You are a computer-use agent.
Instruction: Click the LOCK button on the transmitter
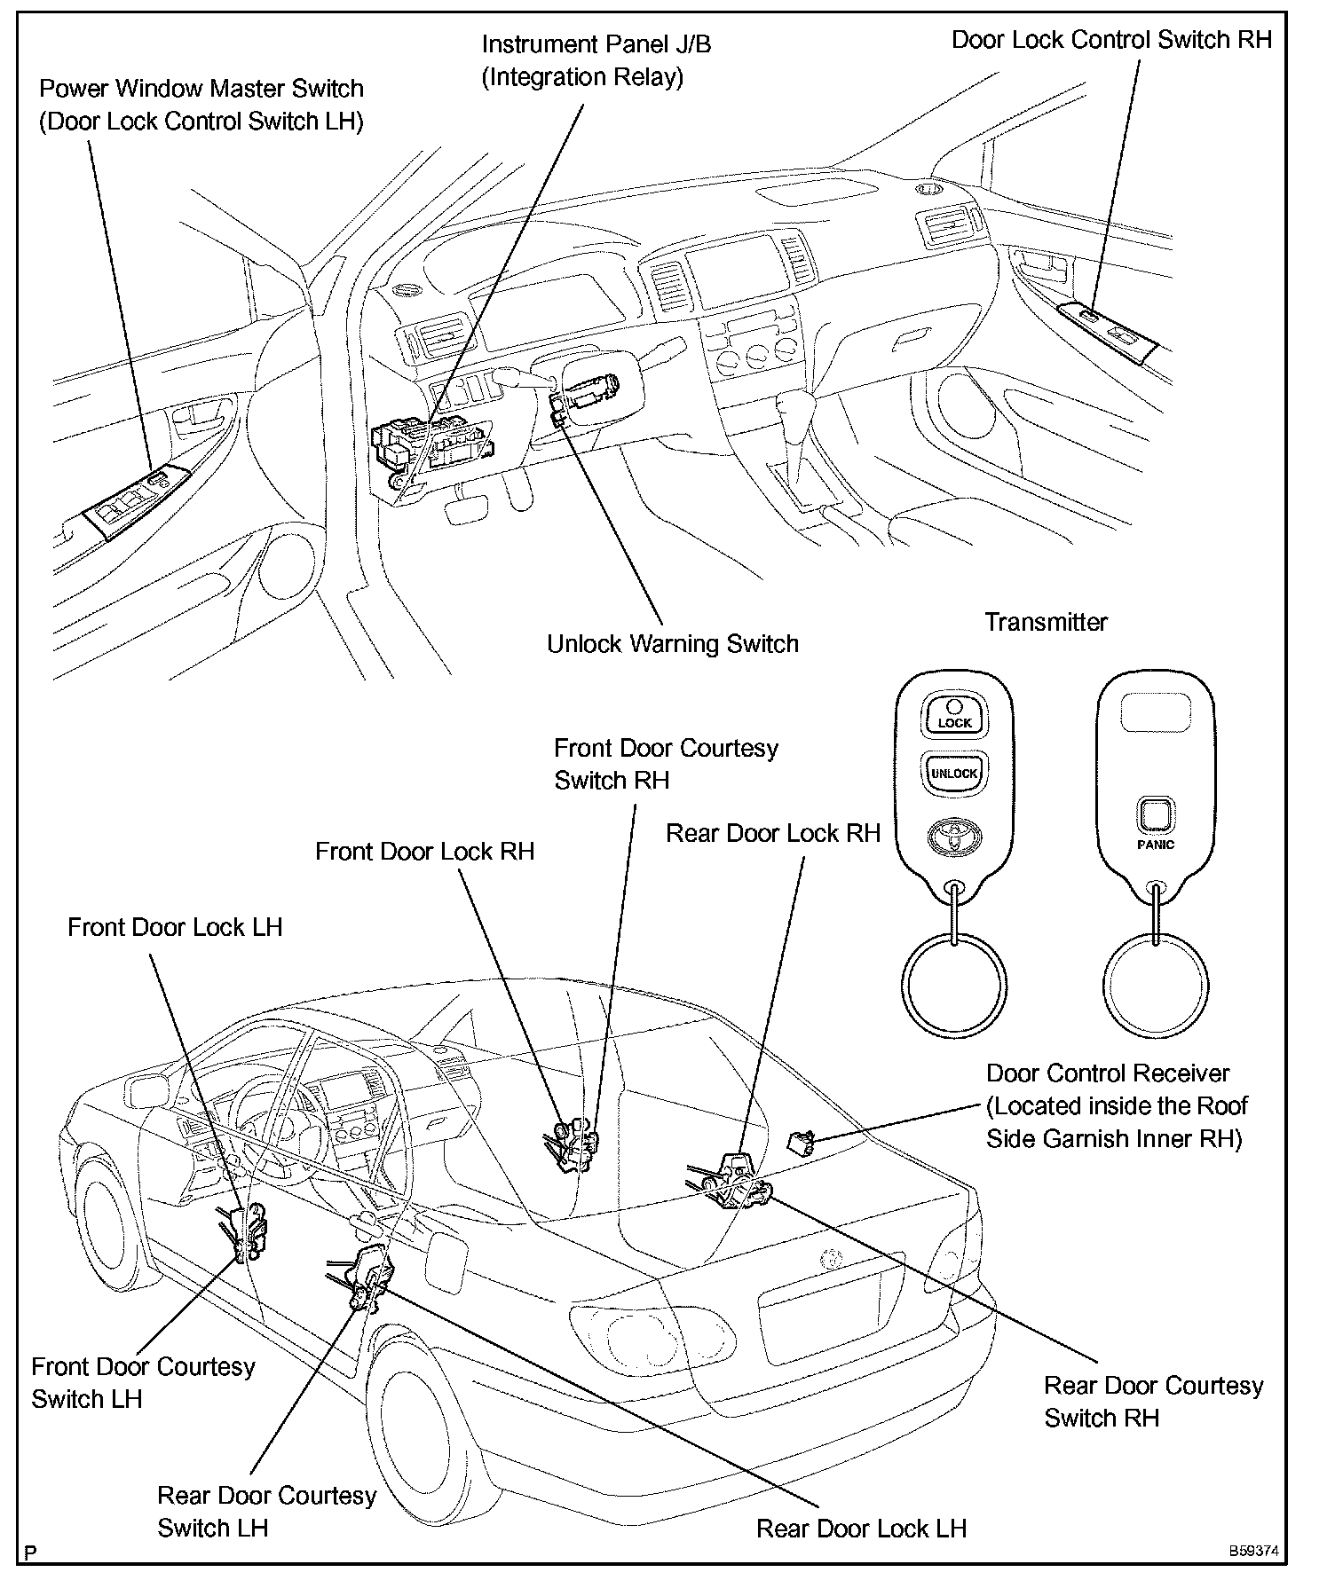point(954,714)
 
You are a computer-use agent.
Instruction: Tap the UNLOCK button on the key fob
point(954,772)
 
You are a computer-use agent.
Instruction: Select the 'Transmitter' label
point(1046,622)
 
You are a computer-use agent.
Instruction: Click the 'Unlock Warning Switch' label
point(672,644)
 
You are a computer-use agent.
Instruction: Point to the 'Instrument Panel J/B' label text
point(596,44)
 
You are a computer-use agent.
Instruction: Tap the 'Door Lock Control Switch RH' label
point(1111,40)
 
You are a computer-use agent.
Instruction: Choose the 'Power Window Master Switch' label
point(201,89)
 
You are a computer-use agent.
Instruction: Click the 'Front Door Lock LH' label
point(175,928)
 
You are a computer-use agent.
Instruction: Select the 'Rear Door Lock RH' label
point(772,834)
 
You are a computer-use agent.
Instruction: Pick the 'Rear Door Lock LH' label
point(861,1529)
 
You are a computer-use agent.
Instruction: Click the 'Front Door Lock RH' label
point(424,852)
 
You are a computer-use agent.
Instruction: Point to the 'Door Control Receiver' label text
point(1108,1073)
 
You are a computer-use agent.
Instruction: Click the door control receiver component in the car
point(802,1144)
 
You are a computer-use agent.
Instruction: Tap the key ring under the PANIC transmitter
point(1155,987)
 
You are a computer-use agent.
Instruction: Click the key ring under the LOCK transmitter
point(954,987)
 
